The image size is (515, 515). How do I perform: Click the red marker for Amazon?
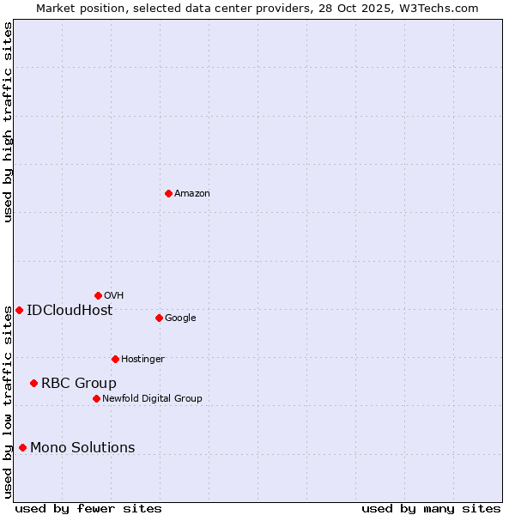click(168, 193)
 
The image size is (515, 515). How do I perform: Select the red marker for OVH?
click(98, 295)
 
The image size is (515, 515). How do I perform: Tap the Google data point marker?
click(159, 318)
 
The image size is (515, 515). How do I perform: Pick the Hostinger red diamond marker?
click(115, 359)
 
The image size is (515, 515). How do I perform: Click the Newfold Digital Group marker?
click(96, 398)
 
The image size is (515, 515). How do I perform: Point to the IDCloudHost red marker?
click(19, 310)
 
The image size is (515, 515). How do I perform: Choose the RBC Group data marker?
click(33, 383)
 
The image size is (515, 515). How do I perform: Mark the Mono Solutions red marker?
click(22, 447)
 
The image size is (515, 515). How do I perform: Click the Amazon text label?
click(192, 194)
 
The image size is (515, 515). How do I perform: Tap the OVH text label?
click(114, 296)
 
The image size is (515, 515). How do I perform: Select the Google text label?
click(180, 318)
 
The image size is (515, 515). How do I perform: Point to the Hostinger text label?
click(142, 360)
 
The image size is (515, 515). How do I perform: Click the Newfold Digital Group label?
click(152, 399)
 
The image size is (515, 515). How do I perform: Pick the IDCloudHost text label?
click(70, 311)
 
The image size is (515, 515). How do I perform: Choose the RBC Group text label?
click(79, 384)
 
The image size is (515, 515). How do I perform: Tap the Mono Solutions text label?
click(82, 448)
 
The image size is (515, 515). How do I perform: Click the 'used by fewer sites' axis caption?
click(88, 508)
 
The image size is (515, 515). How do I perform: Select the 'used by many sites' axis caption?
click(431, 508)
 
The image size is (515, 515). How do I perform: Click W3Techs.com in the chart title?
click(439, 8)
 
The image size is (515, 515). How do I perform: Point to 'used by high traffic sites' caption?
click(8, 122)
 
